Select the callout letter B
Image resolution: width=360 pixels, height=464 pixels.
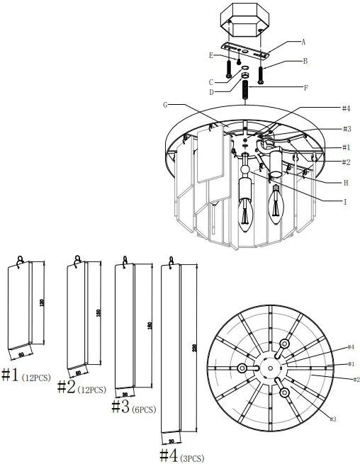(305, 62)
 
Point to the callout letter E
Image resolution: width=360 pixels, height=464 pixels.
(210, 55)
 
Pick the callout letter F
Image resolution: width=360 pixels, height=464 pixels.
(305, 88)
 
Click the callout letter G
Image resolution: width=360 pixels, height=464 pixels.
(165, 106)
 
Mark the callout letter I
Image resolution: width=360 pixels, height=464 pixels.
(345, 202)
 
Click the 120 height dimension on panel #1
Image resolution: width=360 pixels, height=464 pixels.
(42, 302)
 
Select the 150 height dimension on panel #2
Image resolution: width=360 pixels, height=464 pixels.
(99, 312)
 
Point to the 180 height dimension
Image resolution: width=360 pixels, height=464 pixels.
(150, 326)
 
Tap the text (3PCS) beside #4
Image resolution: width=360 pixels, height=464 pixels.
(193, 458)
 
